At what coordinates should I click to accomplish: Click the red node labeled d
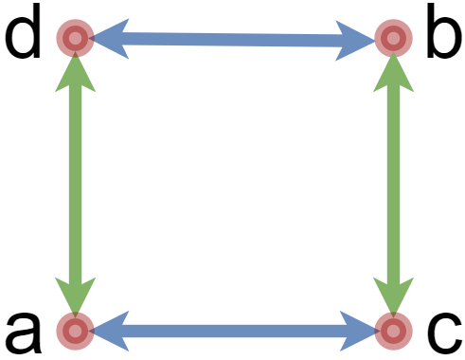coord(74,38)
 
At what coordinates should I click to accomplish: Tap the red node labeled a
coord(74,331)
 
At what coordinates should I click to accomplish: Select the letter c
coord(440,331)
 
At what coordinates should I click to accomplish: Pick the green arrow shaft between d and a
coord(74,185)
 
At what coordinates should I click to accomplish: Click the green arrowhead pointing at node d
coord(74,71)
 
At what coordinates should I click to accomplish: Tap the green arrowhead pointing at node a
coord(74,297)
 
